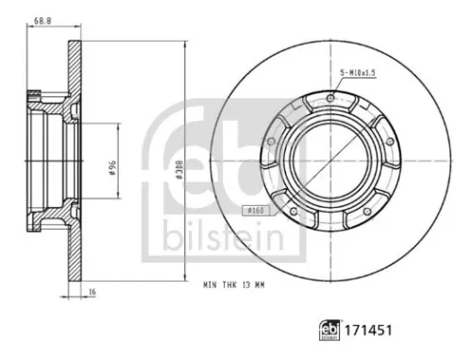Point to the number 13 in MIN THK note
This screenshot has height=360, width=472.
(247, 282)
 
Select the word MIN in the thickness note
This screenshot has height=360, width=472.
(209, 282)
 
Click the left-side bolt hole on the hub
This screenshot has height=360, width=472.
(271, 141)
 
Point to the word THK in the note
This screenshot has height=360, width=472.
(228, 282)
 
